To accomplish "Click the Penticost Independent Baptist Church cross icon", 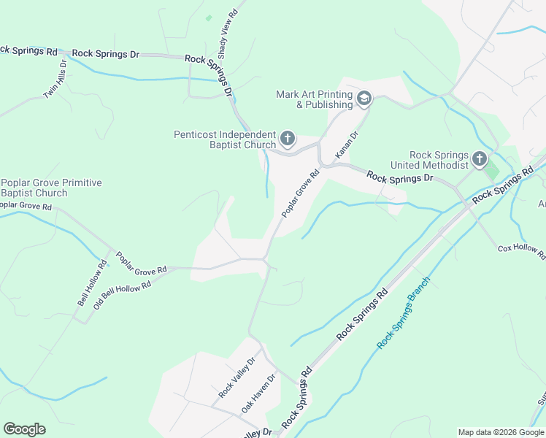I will point(288,137).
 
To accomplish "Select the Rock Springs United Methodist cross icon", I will point(480,158).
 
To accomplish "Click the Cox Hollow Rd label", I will point(522,250).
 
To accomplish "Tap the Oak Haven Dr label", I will point(259,394).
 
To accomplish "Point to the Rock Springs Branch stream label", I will point(404,312).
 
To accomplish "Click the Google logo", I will point(24,429).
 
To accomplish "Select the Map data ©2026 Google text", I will point(501,432).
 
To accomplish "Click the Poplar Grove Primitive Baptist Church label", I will point(51,188).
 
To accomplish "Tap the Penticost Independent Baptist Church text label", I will point(225,139).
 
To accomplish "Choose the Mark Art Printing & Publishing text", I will point(315,99).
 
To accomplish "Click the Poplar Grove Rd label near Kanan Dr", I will point(301,193).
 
